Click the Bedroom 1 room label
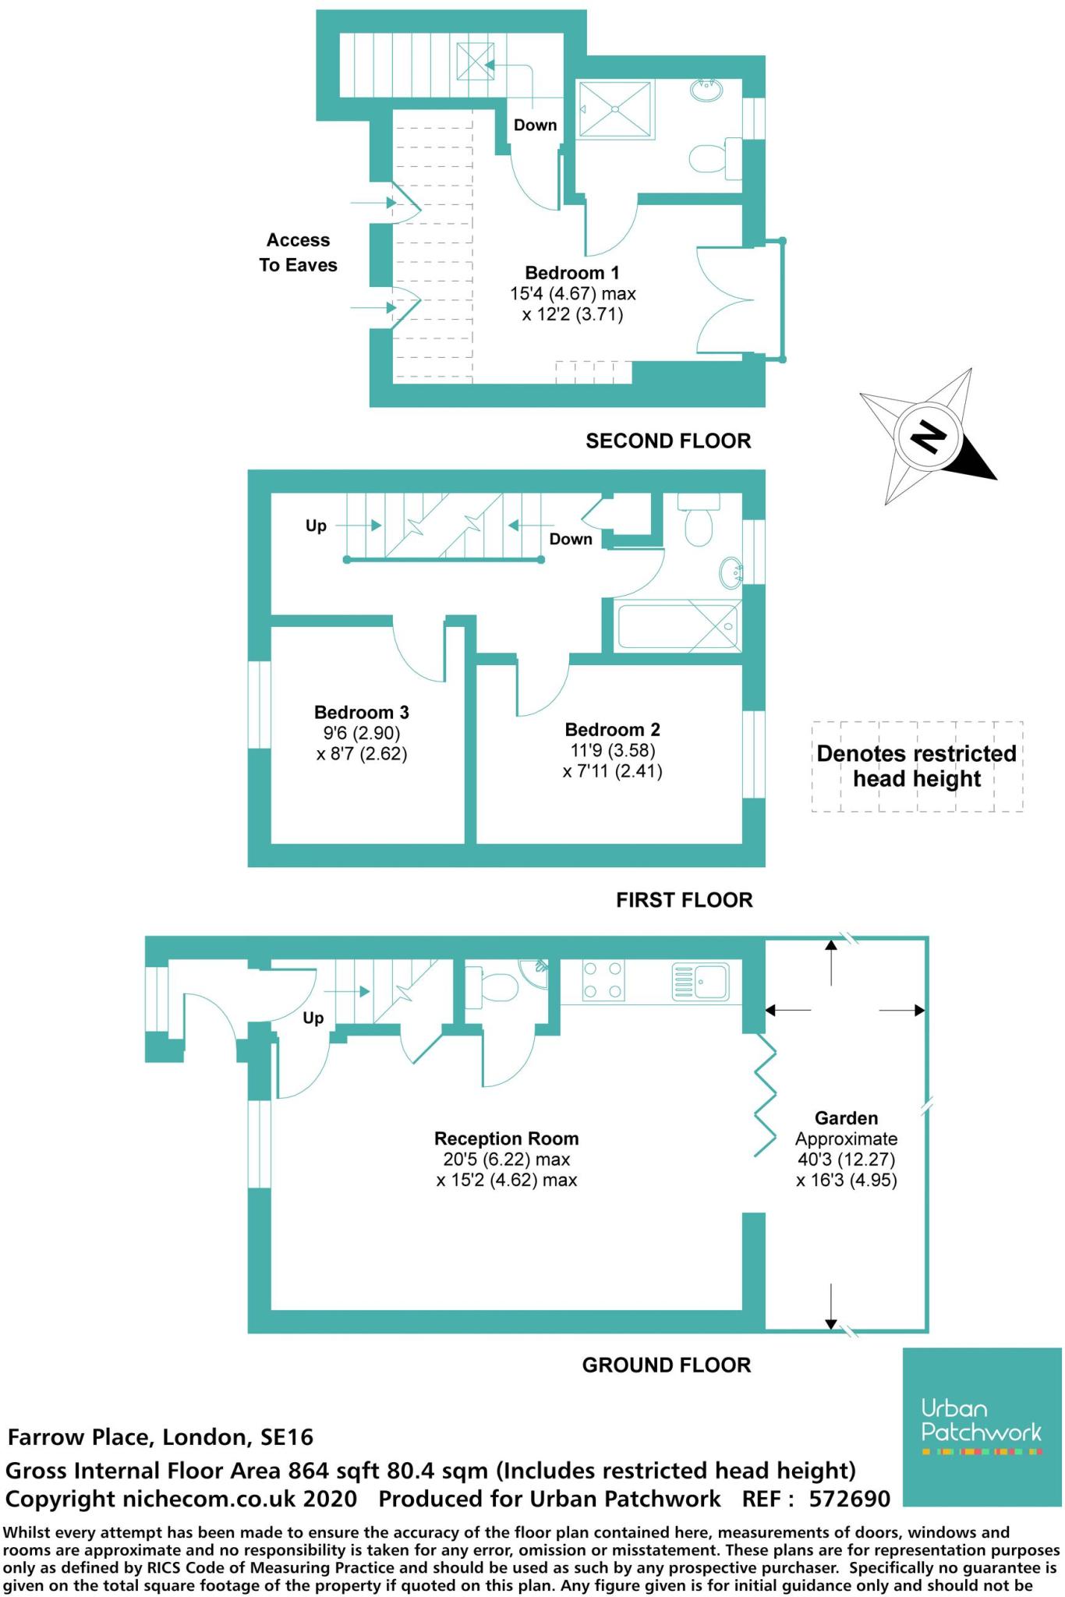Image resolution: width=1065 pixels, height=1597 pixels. click(x=572, y=273)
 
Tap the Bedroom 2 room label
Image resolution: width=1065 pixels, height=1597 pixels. click(x=612, y=730)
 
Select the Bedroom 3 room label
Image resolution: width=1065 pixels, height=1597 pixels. click(x=361, y=712)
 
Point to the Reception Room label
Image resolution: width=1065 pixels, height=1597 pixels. click(x=506, y=1138)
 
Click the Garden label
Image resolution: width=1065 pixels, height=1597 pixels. click(x=846, y=1118)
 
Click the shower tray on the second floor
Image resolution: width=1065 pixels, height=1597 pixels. click(x=615, y=110)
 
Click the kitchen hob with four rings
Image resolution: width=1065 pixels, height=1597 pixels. click(x=603, y=980)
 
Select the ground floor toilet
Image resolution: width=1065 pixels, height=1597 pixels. click(x=494, y=987)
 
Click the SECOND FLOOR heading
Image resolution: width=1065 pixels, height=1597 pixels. click(x=668, y=441)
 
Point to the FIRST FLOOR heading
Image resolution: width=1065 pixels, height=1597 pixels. click(x=684, y=901)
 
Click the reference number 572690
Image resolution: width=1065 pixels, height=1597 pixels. click(x=849, y=1499)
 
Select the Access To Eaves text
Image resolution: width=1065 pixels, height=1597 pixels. click(x=298, y=253)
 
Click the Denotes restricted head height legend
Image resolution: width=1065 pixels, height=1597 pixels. click(x=916, y=766)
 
